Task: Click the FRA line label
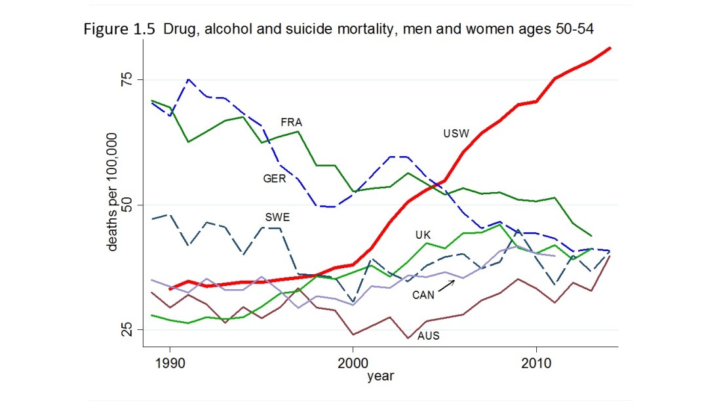click(x=291, y=123)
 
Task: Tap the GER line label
click(x=275, y=178)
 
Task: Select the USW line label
click(x=456, y=134)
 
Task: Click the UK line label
click(x=423, y=235)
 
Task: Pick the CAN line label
click(x=423, y=295)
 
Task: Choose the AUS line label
click(x=428, y=336)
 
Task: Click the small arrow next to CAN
click(x=448, y=284)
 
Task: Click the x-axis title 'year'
click(x=380, y=376)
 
